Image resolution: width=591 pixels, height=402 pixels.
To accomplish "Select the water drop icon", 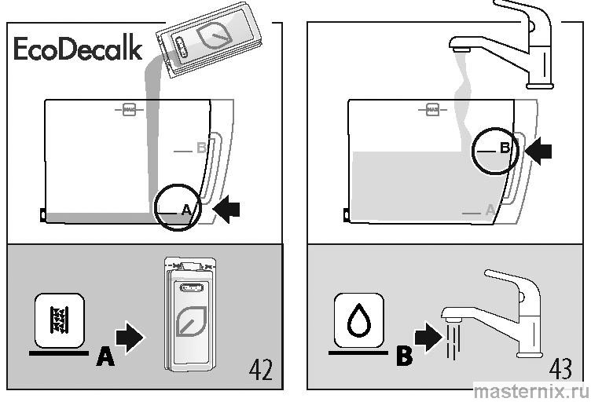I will pyautogui.click(x=359, y=320).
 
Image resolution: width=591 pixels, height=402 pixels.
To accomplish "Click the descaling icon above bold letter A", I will pyautogui.click(x=59, y=320).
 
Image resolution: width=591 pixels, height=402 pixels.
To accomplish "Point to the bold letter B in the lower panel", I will pyautogui.click(x=404, y=357).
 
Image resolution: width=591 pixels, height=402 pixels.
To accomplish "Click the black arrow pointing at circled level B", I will pyautogui.click(x=537, y=152).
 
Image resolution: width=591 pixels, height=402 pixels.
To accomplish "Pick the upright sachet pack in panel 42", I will pyautogui.click(x=189, y=314).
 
